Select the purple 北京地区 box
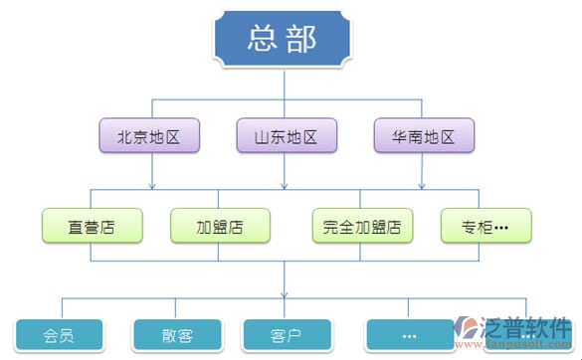pos(150,136)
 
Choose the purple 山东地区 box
pos(285,136)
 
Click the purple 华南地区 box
pos(424,136)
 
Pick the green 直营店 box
pos(92,226)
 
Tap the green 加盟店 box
pos(221,226)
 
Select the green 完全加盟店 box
pos(362,226)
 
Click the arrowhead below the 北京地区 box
pos(151,184)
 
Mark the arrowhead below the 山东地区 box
pos(286,184)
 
